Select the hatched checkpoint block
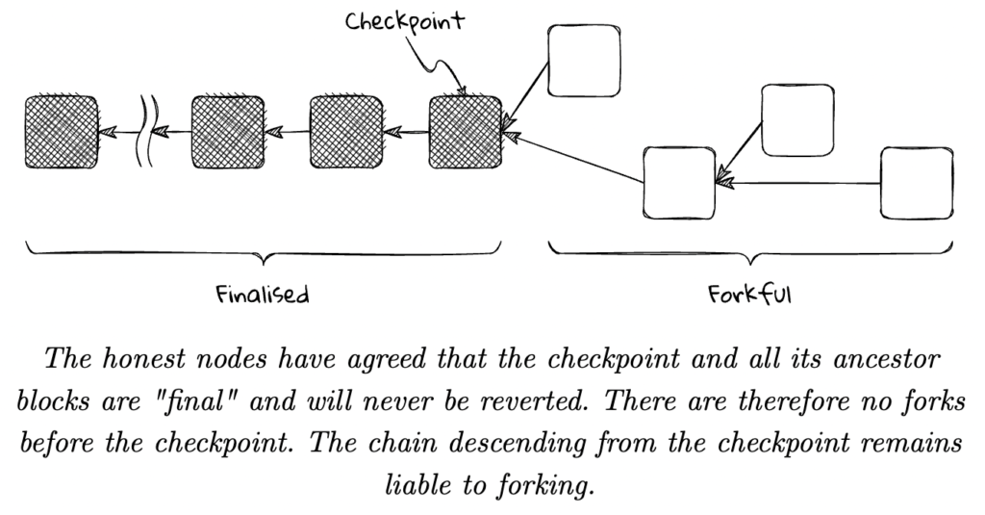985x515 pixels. click(x=466, y=131)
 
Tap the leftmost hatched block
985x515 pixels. click(x=60, y=131)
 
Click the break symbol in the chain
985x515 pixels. click(x=146, y=131)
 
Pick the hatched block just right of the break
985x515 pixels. click(x=227, y=131)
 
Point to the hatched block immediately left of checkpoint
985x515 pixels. click(x=345, y=131)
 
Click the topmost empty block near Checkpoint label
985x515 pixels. click(x=583, y=60)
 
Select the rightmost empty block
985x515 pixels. click(x=918, y=183)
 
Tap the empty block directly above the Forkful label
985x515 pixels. click(x=679, y=183)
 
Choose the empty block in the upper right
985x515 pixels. click(x=797, y=119)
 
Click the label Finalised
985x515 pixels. click(x=263, y=294)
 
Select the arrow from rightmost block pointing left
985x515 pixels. click(x=798, y=183)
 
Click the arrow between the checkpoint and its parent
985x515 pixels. click(x=405, y=131)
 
